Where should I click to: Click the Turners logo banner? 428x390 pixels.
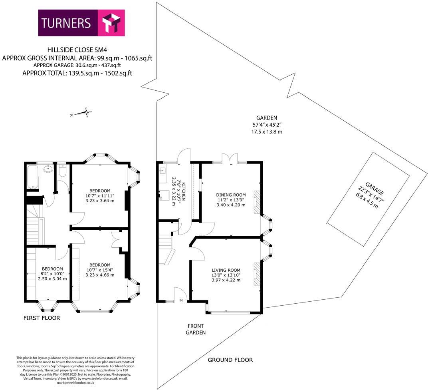pyautogui.click(x=81, y=23)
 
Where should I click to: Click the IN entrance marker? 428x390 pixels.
pyautogui.click(x=181, y=300)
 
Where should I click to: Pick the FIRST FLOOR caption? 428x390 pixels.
pyautogui.click(x=42, y=318)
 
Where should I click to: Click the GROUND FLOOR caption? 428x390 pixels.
pyautogui.click(x=230, y=360)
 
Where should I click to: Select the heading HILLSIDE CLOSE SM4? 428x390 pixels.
pyautogui.click(x=77, y=50)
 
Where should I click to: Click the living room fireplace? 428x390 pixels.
pyautogui.click(x=257, y=274)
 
